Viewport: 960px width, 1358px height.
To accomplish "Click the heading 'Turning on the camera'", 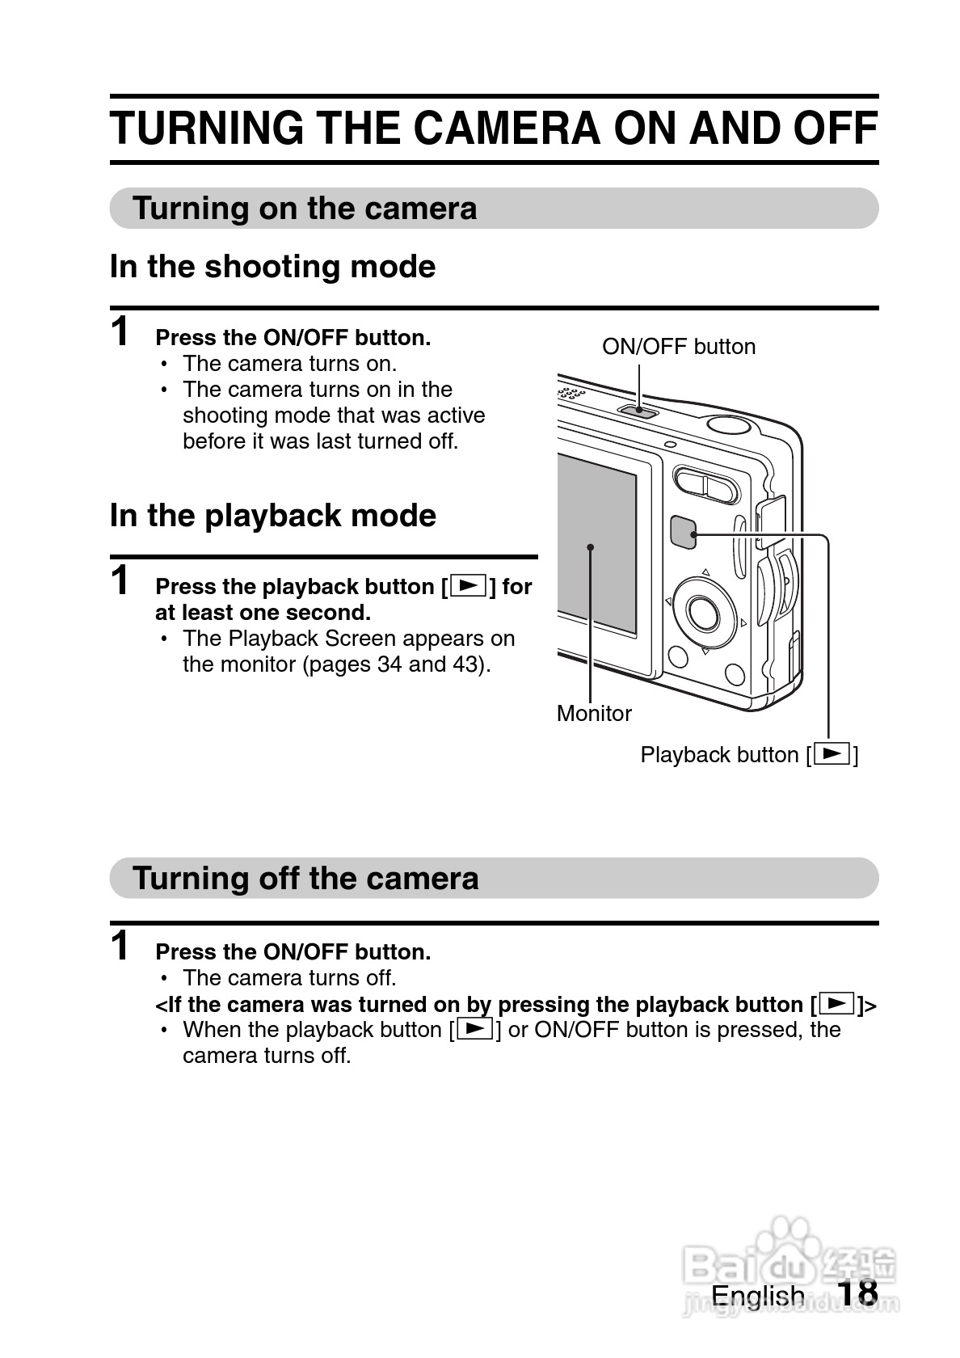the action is tap(304, 209).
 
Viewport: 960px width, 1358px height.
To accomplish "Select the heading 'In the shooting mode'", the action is tap(273, 267).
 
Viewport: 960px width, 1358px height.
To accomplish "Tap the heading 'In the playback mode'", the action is tap(273, 516).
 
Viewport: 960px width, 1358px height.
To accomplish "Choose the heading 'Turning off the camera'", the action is tap(305, 879).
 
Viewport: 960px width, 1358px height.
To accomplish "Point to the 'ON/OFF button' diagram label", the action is tap(679, 347).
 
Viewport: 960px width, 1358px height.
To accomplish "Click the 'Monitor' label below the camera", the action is tap(594, 714).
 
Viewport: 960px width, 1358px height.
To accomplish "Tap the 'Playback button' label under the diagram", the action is tap(749, 755).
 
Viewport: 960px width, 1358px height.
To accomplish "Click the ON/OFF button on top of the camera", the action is tap(638, 411).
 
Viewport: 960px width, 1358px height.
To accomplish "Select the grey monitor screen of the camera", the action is tap(596, 545).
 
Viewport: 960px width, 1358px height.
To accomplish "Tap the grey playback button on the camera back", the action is tap(683, 532).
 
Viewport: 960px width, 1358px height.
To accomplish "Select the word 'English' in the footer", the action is tap(758, 1313).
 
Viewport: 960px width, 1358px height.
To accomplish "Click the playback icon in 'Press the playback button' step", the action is tap(469, 585).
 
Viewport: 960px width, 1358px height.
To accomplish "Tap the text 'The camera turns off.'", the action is tap(289, 978).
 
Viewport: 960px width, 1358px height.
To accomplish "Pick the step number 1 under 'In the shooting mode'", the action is tap(120, 331).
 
